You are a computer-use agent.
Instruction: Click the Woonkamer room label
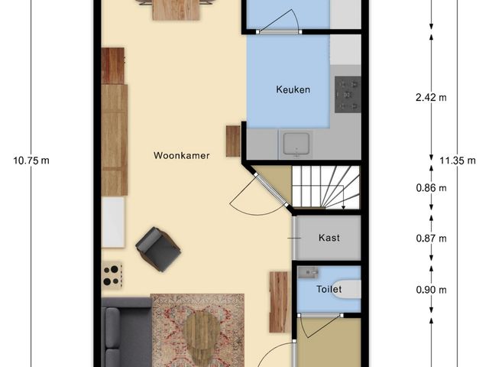tap(181, 155)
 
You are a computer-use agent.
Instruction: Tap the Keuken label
tap(293, 90)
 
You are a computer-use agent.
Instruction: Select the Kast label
tap(329, 238)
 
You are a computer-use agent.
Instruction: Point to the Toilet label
tap(329, 289)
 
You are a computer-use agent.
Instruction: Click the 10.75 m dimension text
tap(31, 161)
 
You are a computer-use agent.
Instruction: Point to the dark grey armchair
tap(158, 248)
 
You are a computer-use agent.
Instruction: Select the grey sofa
tap(126, 336)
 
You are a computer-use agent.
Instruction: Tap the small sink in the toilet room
tap(307, 272)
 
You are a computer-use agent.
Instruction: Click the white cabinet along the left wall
tap(113, 222)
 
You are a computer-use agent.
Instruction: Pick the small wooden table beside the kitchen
tap(233, 141)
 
